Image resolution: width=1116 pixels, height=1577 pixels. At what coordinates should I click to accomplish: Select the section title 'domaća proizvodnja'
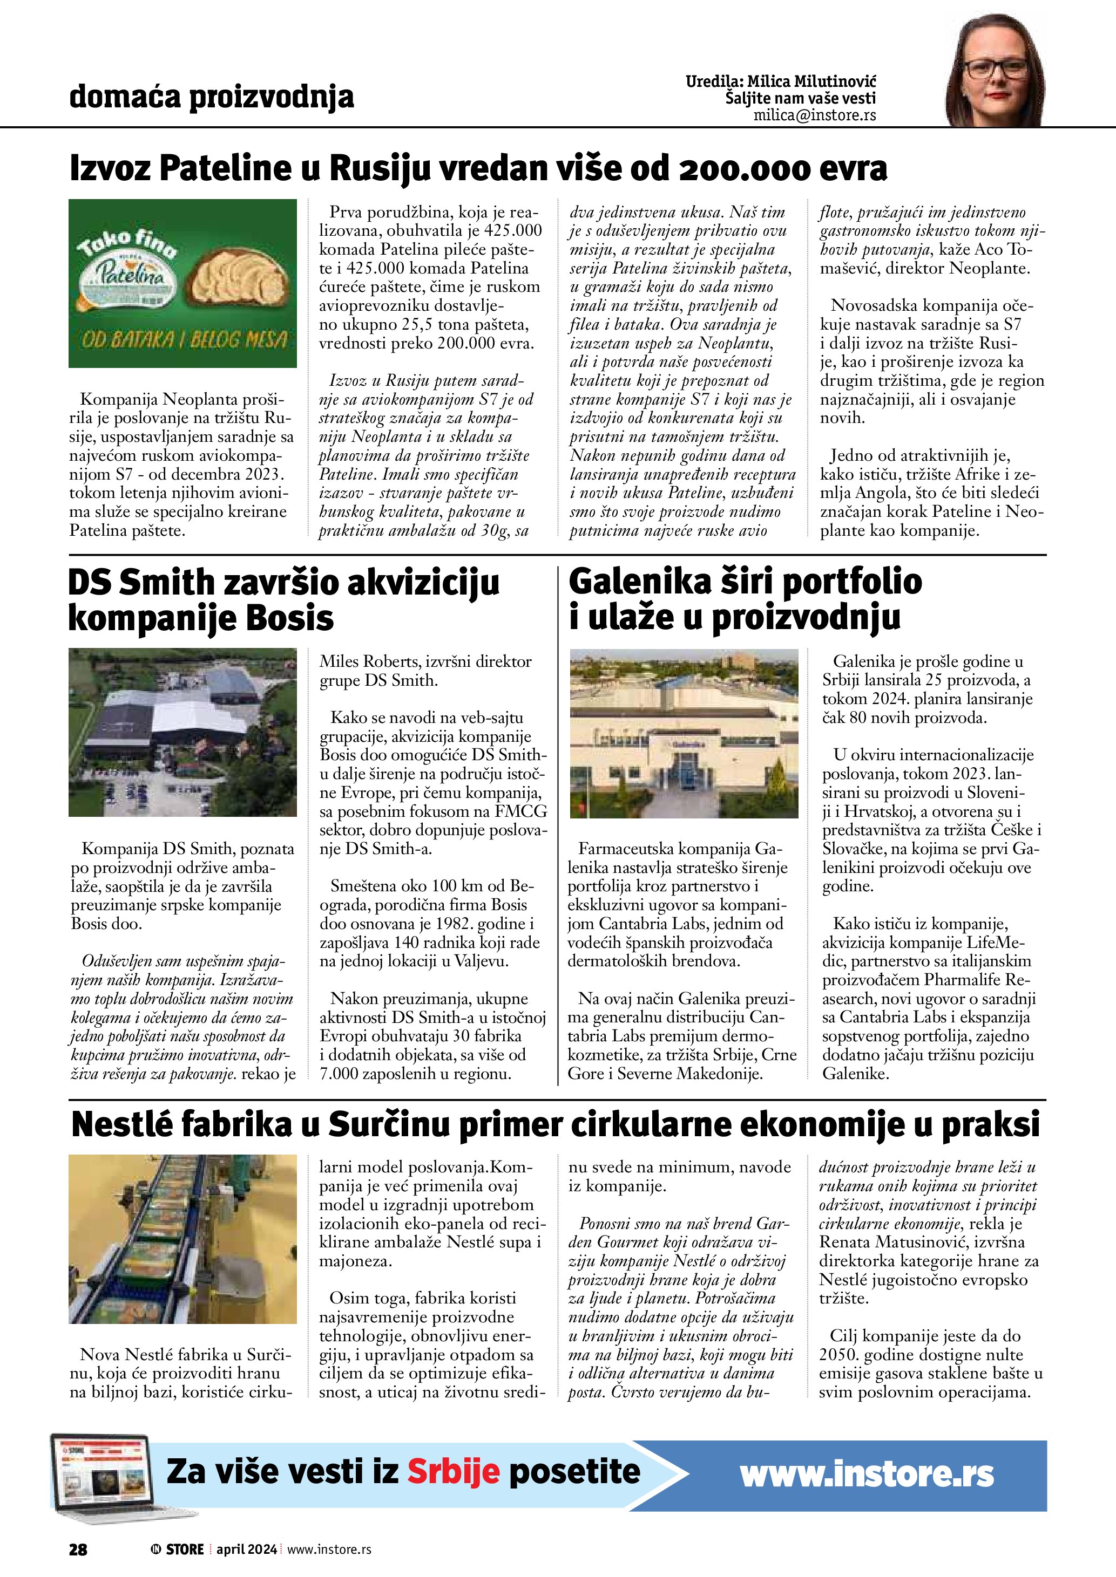[x=212, y=97]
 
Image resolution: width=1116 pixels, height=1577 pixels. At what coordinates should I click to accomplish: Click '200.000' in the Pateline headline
[x=748, y=168]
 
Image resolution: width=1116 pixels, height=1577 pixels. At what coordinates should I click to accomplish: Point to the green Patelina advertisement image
[x=183, y=283]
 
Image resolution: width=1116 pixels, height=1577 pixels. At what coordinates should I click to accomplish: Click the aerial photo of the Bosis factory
[x=183, y=732]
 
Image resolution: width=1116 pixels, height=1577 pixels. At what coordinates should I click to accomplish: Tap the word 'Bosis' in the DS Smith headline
[x=289, y=618]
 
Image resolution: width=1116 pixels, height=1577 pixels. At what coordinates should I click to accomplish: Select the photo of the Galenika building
[x=685, y=732]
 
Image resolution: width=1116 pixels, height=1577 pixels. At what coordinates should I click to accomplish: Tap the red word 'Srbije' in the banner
[x=453, y=1471]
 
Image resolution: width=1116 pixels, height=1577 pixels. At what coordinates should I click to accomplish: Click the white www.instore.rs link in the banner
[x=867, y=1474]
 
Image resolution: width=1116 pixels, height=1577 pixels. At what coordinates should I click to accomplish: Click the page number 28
[x=78, y=1549]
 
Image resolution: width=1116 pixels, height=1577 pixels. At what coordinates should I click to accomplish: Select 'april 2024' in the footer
[x=247, y=1549]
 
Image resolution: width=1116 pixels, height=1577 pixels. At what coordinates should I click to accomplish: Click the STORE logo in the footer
[x=179, y=1549]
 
